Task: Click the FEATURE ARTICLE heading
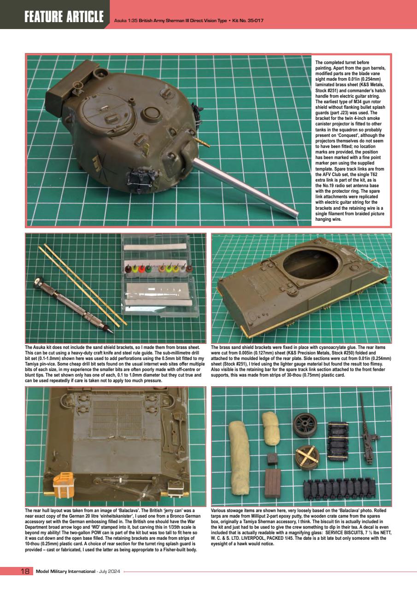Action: pos(64,17)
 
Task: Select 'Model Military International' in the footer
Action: pos(65,572)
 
